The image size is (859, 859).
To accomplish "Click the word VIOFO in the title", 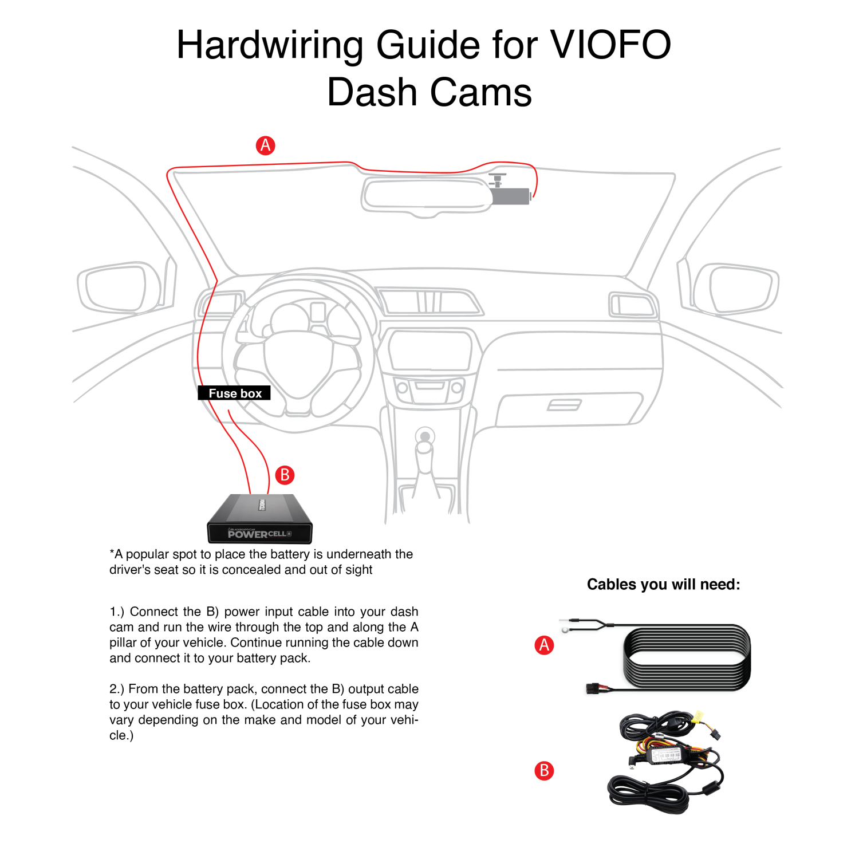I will pyautogui.click(x=610, y=45).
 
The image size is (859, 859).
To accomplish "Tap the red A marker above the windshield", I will pyautogui.click(x=265, y=145).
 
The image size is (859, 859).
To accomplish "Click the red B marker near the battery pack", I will pyautogui.click(x=285, y=475).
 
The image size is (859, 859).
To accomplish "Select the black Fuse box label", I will pyautogui.click(x=234, y=393).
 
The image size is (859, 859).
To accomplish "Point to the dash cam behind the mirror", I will pyautogui.click(x=510, y=195).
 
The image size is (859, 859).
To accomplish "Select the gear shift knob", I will pyautogui.click(x=425, y=438).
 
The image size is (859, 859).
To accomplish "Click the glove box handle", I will pyautogui.click(x=564, y=405).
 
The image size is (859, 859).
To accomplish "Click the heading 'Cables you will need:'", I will pyautogui.click(x=663, y=584).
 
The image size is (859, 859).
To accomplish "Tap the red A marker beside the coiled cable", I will pyautogui.click(x=544, y=645).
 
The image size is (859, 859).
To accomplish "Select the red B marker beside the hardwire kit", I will pyautogui.click(x=544, y=770).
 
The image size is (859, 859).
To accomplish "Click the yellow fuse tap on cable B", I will pyautogui.click(x=698, y=716).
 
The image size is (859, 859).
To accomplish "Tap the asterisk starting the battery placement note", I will pyautogui.click(x=112, y=553).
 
